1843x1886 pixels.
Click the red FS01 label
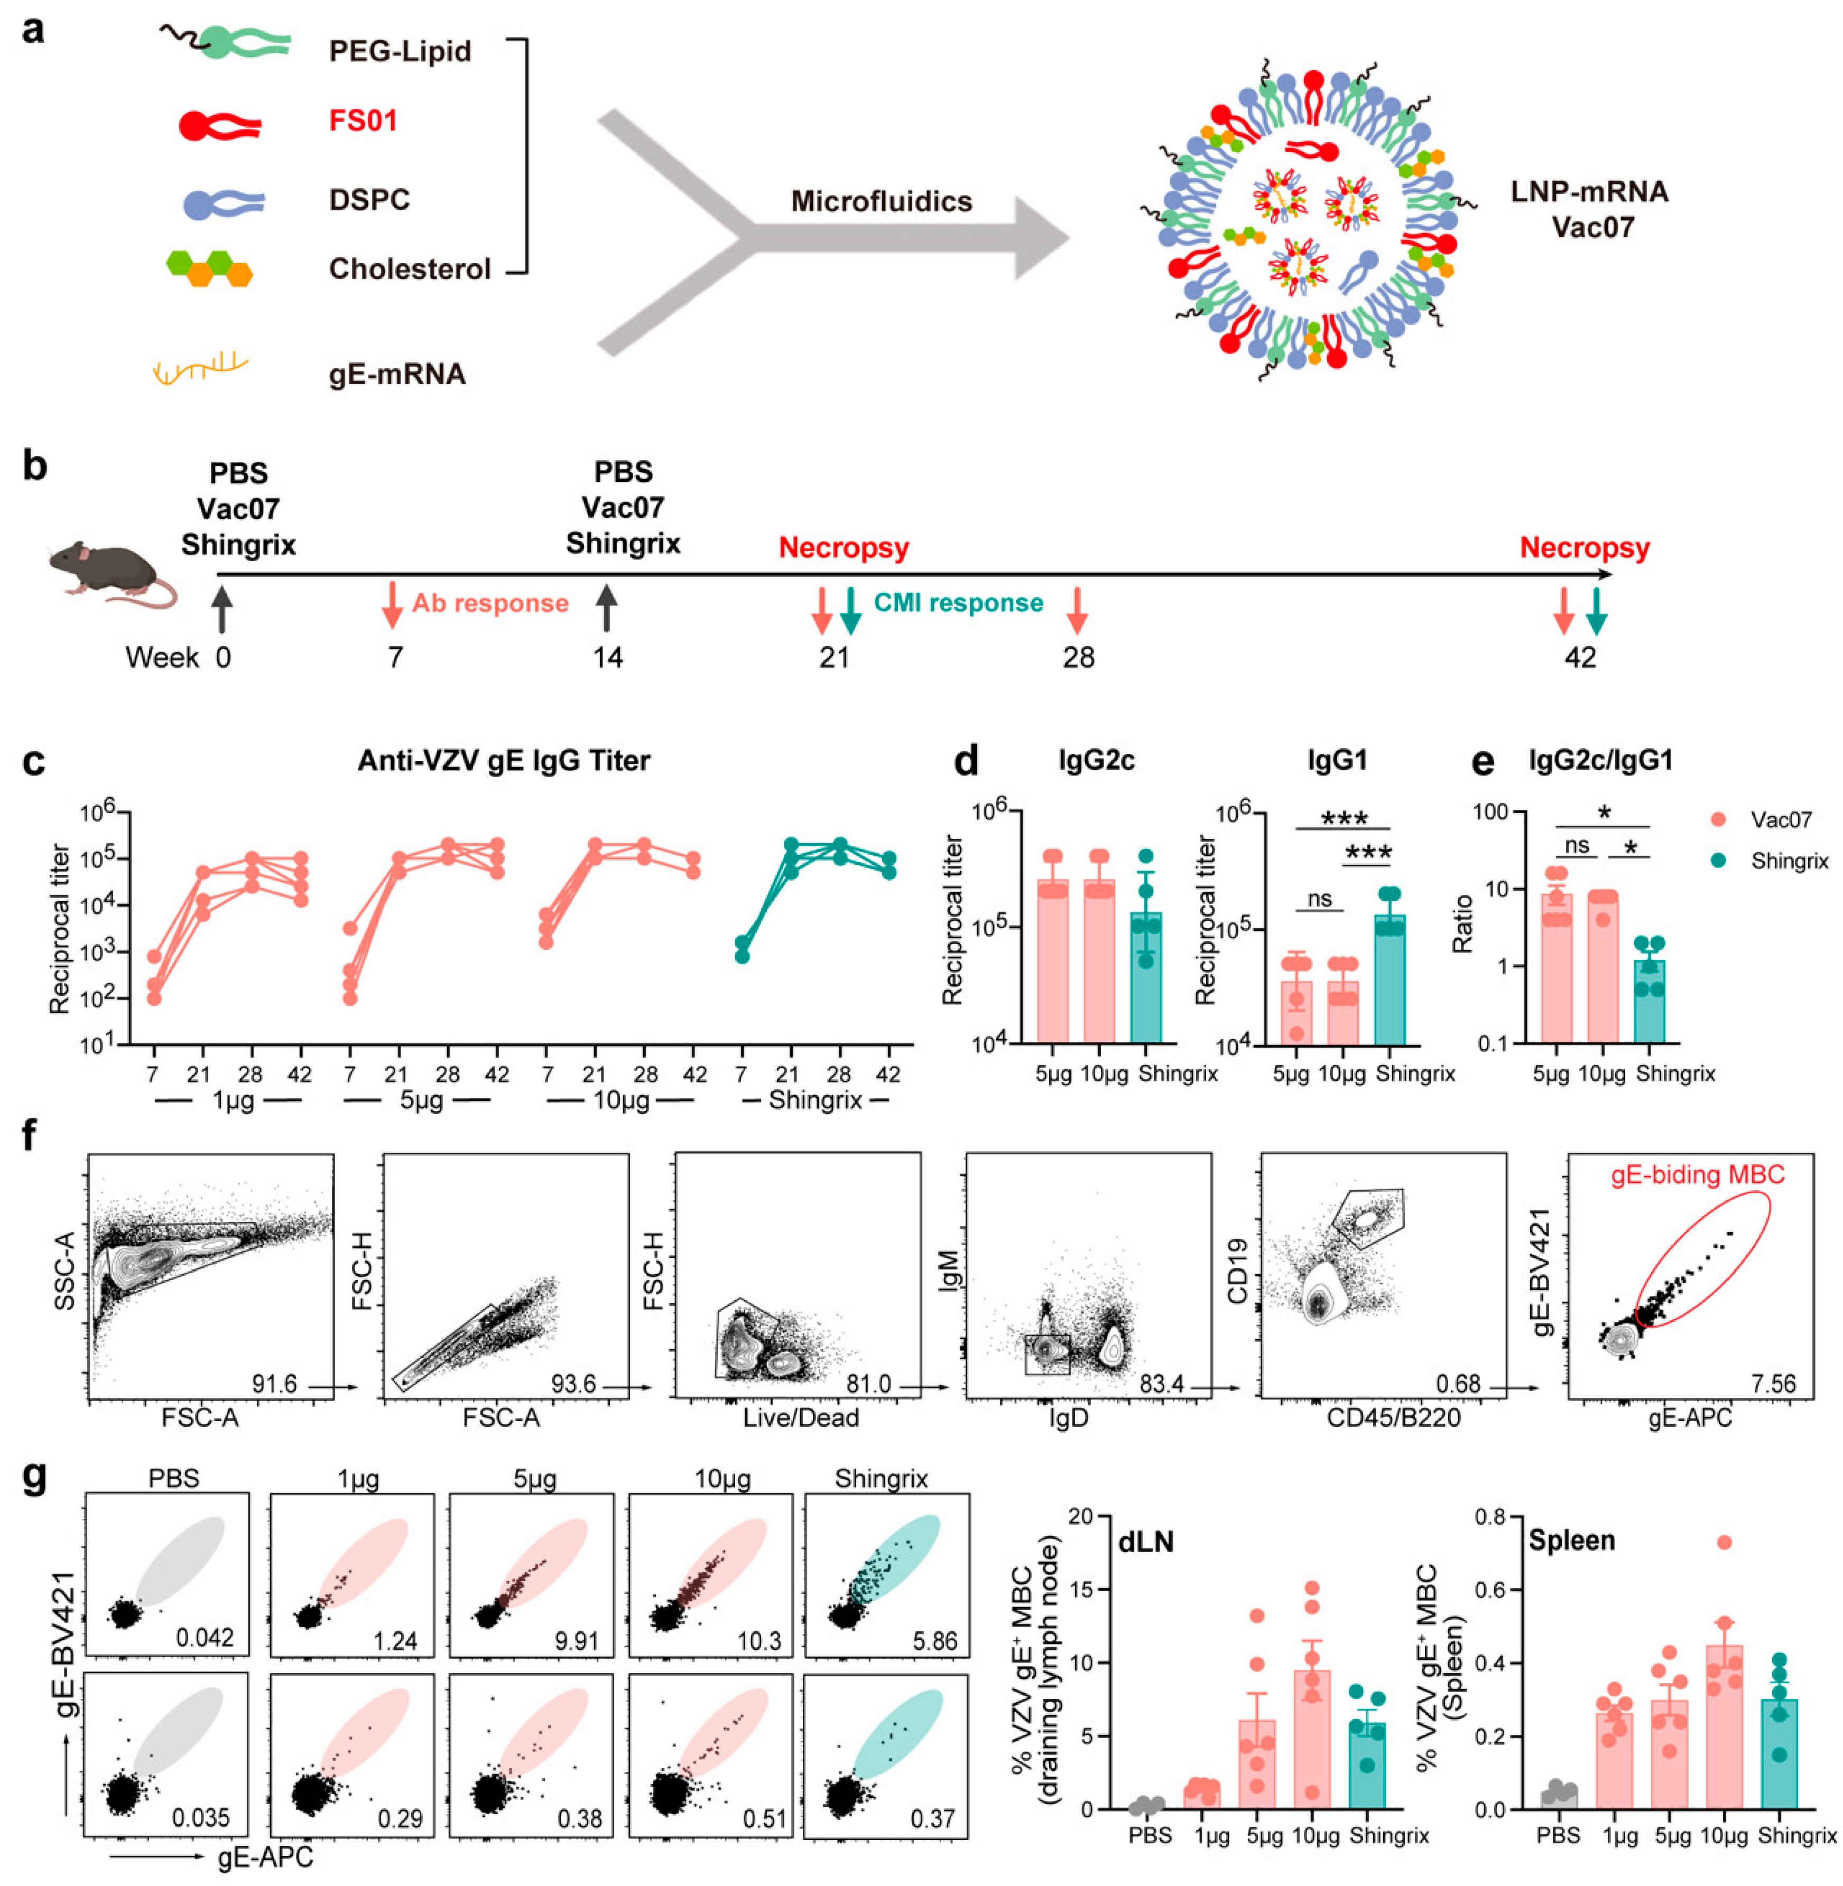[363, 121]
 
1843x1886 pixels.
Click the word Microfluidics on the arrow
[881, 201]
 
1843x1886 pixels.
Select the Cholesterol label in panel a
[410, 269]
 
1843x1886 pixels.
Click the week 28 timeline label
[1078, 658]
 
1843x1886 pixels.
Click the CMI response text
[958, 603]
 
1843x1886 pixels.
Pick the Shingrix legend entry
[1789, 860]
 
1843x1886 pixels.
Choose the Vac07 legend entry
[1781, 819]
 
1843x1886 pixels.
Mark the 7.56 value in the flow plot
[1773, 1384]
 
